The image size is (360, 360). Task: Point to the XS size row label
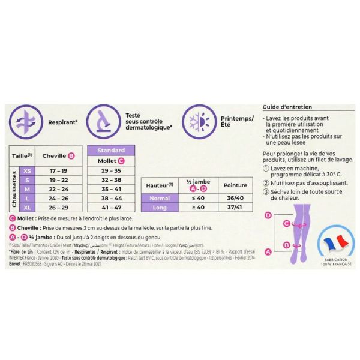[27, 171]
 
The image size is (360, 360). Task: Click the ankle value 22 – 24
[58, 188]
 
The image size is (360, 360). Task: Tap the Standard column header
[112, 150]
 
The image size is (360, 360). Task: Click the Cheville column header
[58, 156]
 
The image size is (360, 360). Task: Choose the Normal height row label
[160, 198]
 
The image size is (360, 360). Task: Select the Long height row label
[160, 208]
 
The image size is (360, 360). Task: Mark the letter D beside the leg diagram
[268, 214]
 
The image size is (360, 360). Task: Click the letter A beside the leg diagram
[268, 252]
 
